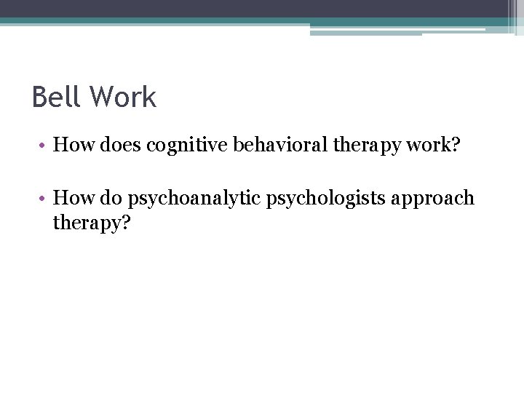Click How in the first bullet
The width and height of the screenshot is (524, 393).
pyautogui.click(x=71, y=145)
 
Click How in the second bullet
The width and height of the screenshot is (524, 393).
pyautogui.click(x=71, y=198)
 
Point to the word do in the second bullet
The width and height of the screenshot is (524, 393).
pyautogui.click(x=108, y=198)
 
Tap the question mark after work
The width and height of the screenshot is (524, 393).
pyautogui.click(x=456, y=145)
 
